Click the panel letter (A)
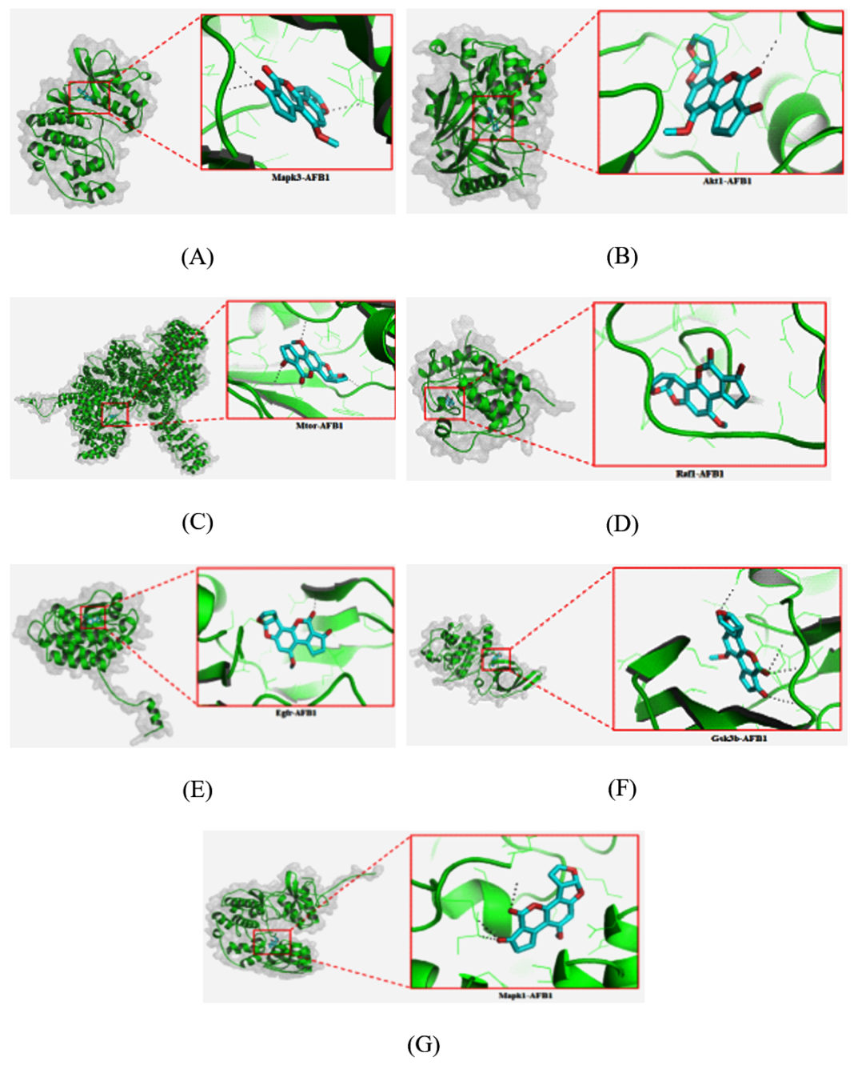pyautogui.click(x=198, y=257)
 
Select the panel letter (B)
pyautogui.click(x=622, y=257)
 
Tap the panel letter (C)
pyautogui.click(x=198, y=522)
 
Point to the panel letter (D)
pyautogui.click(x=622, y=524)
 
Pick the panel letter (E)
pyautogui.click(x=198, y=790)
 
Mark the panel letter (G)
pyautogui.click(x=423, y=1044)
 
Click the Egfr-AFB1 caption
pyautogui.click(x=295, y=712)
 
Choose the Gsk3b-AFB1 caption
pyautogui.click(x=727, y=738)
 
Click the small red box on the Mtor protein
pyautogui.click(x=115, y=414)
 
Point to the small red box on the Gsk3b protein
pyautogui.click(x=496, y=659)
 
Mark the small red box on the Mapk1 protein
pyautogui.click(x=272, y=942)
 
